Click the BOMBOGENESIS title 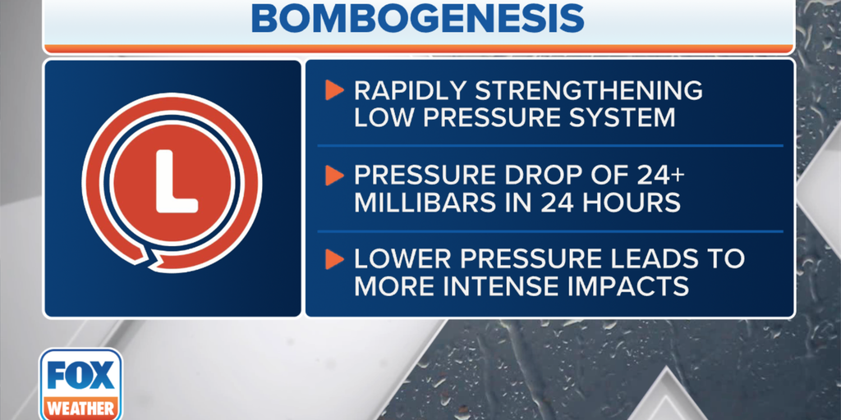(417, 18)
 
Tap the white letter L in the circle (176, 181)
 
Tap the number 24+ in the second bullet (661, 176)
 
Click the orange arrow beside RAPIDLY (333, 90)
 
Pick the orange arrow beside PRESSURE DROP (333, 176)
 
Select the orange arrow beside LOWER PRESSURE (333, 259)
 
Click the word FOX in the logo (80, 374)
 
